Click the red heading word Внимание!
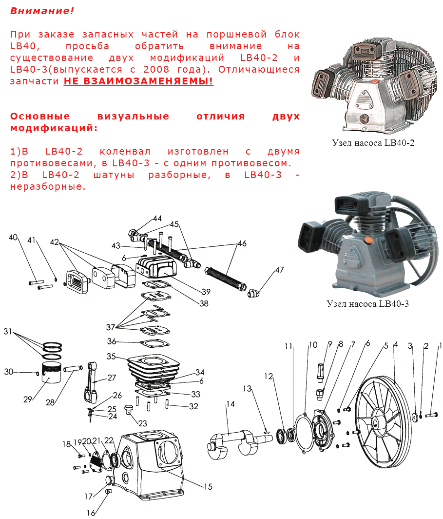[42, 11]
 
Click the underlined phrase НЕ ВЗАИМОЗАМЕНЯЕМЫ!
[138, 81]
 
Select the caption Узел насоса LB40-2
[373, 142]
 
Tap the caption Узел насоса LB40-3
[367, 303]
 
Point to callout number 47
[280, 270]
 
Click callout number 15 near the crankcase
[208, 486]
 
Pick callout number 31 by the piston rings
[8, 331]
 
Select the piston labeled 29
[51, 372]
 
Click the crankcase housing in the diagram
[151, 468]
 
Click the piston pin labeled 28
[73, 368]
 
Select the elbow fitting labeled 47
[253, 293]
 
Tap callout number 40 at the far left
[13, 237]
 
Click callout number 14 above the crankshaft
[231, 404]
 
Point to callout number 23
[142, 423]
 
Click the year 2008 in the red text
[156, 69]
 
